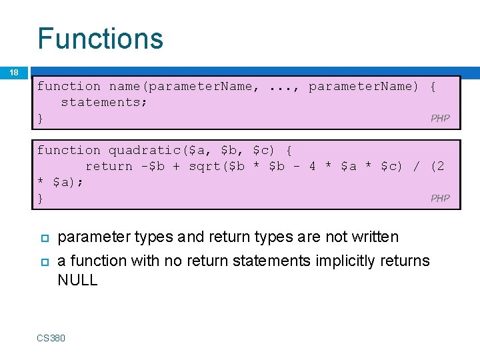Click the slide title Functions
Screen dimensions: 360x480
coord(100,38)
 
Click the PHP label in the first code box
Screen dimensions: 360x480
coord(440,119)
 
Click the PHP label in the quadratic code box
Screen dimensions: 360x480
coord(440,198)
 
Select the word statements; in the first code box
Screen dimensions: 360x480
coord(104,102)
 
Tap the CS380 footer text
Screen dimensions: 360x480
coord(51,338)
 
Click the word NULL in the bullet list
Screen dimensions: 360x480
coord(77,280)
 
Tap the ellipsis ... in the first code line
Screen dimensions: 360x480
coord(281,86)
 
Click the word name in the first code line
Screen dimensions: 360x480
coord(124,86)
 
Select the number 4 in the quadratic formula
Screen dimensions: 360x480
coord(312,166)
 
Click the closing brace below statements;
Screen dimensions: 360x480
coord(41,118)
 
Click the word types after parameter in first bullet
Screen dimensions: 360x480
coord(154,237)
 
